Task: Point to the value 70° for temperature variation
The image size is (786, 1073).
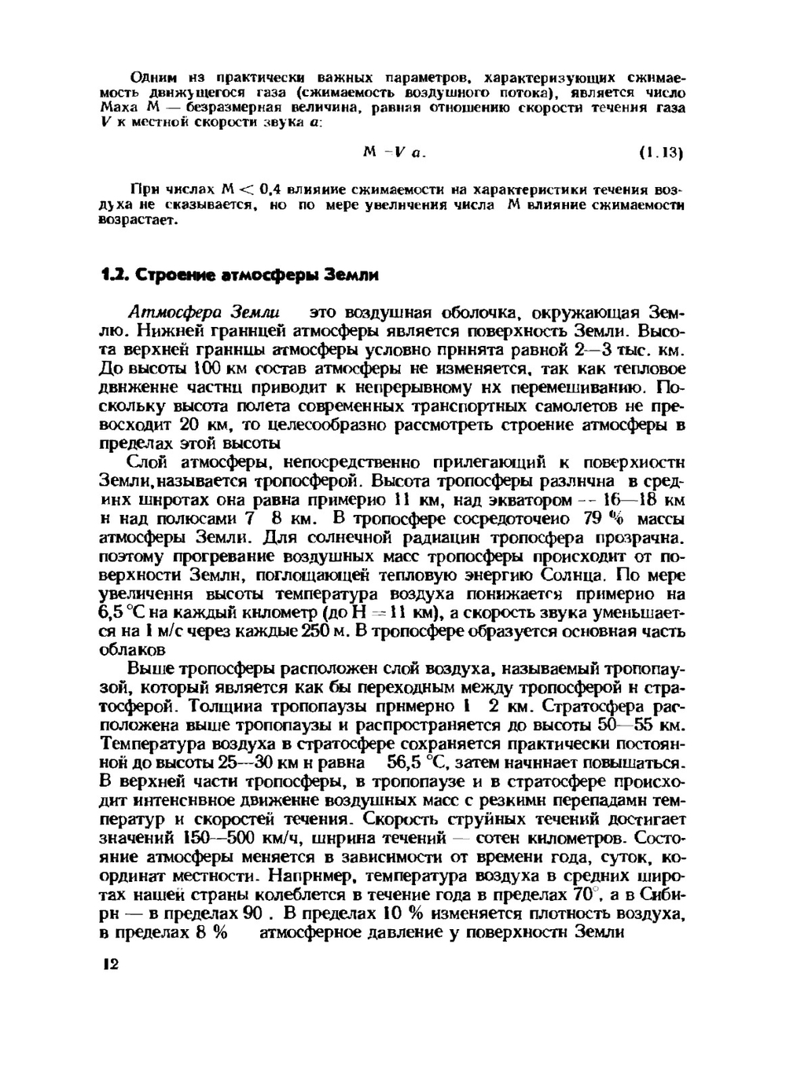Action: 582,895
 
